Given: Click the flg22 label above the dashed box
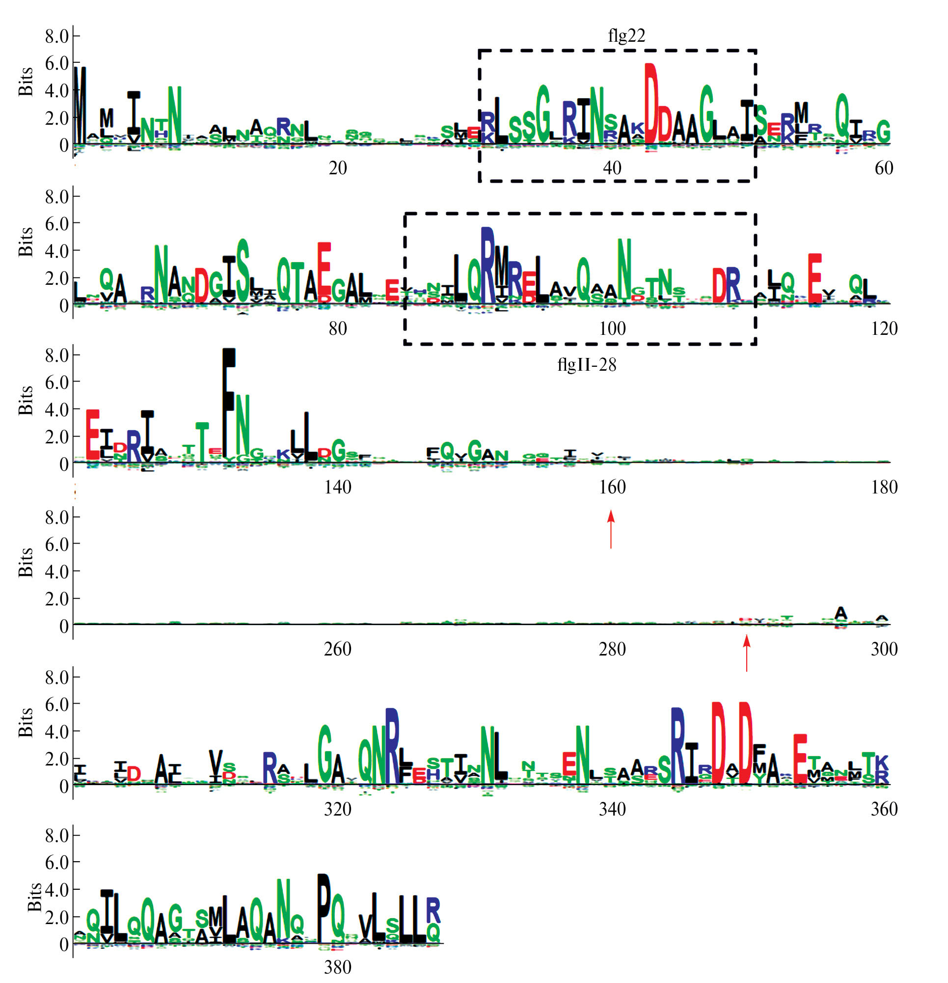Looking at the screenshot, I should click(x=626, y=36).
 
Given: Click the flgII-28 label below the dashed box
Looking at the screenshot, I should click(x=586, y=364).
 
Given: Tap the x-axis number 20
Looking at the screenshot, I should click(x=338, y=168).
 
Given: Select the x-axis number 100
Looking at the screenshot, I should click(x=612, y=328).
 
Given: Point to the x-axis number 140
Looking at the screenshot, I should click(x=338, y=487).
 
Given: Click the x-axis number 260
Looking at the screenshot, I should click(x=338, y=649).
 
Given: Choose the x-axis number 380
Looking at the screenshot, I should click(x=338, y=967).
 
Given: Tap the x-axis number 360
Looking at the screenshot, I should click(x=884, y=809).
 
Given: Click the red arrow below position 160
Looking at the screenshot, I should click(x=610, y=529).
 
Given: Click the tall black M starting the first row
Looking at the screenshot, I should click(x=80, y=105).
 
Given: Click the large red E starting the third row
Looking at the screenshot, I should click(x=92, y=435).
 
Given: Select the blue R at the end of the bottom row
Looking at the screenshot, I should click(x=433, y=910).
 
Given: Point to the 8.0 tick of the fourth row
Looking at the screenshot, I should click(x=56, y=517).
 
